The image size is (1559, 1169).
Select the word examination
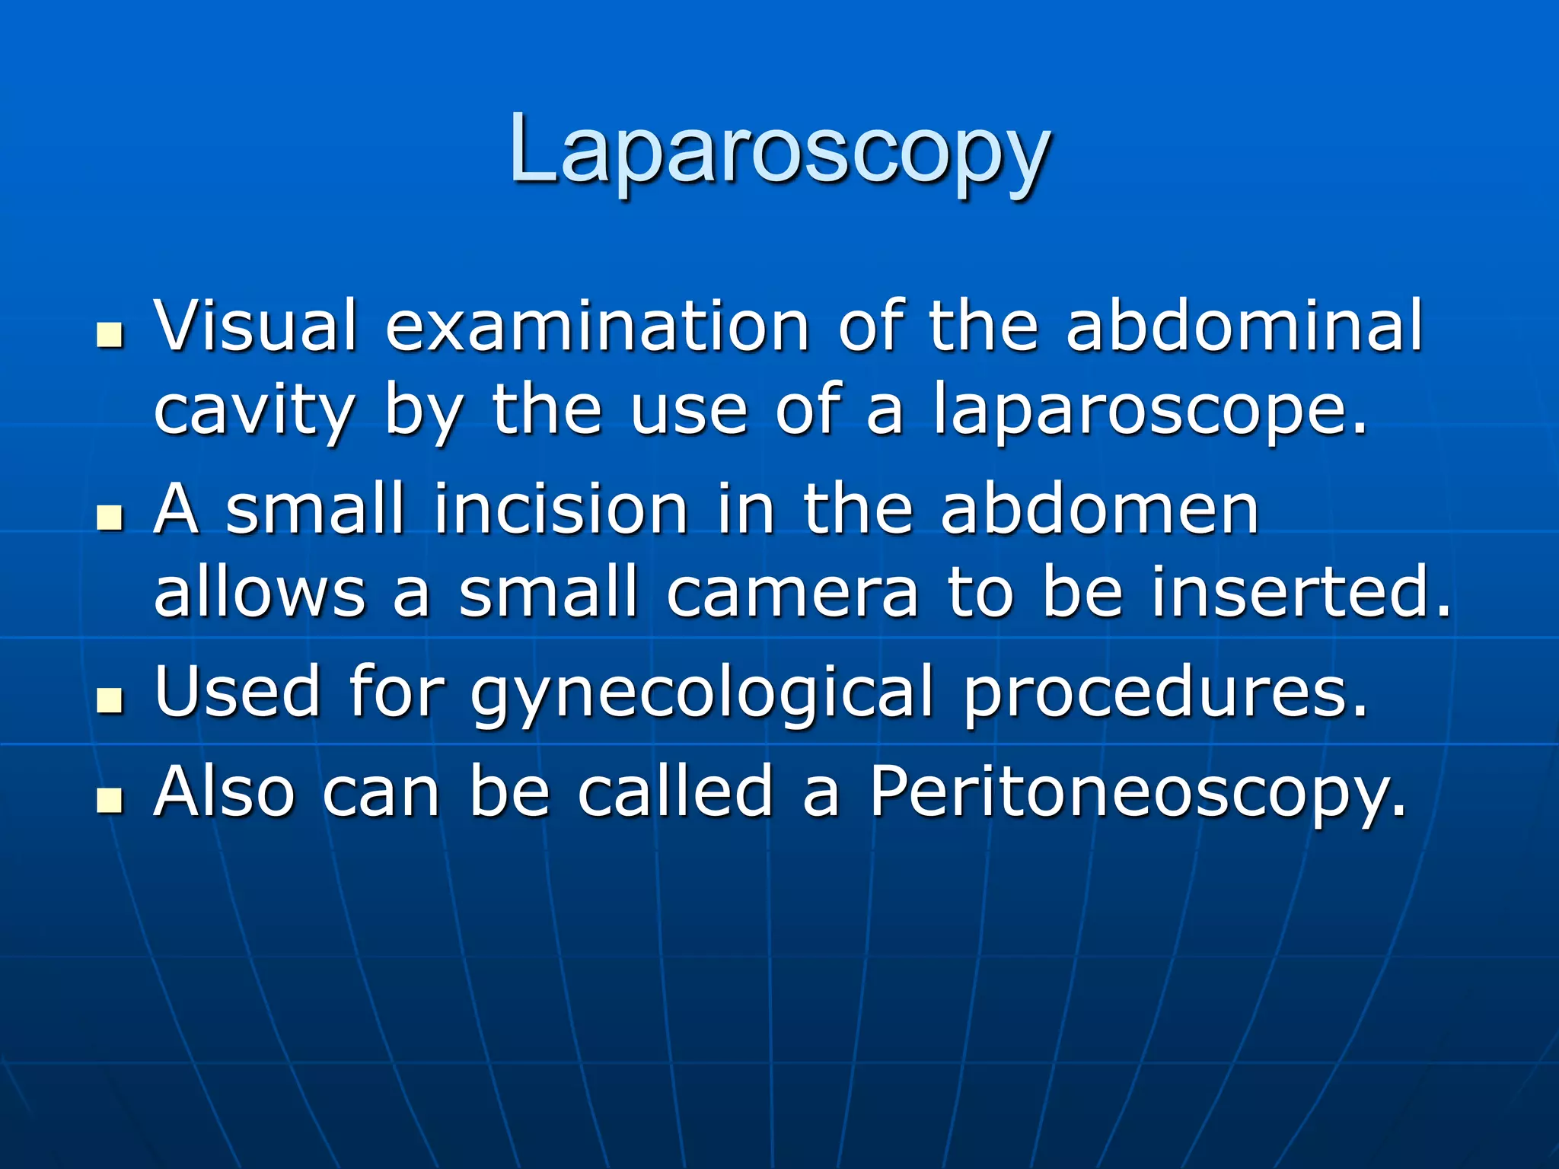[x=598, y=326]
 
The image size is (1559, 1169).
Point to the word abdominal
[x=1244, y=326]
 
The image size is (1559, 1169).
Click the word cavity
[x=254, y=411]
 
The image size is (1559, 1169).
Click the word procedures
[x=1165, y=693]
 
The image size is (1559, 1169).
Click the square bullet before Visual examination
[x=110, y=336]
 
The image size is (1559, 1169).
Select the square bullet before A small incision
[x=110, y=518]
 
